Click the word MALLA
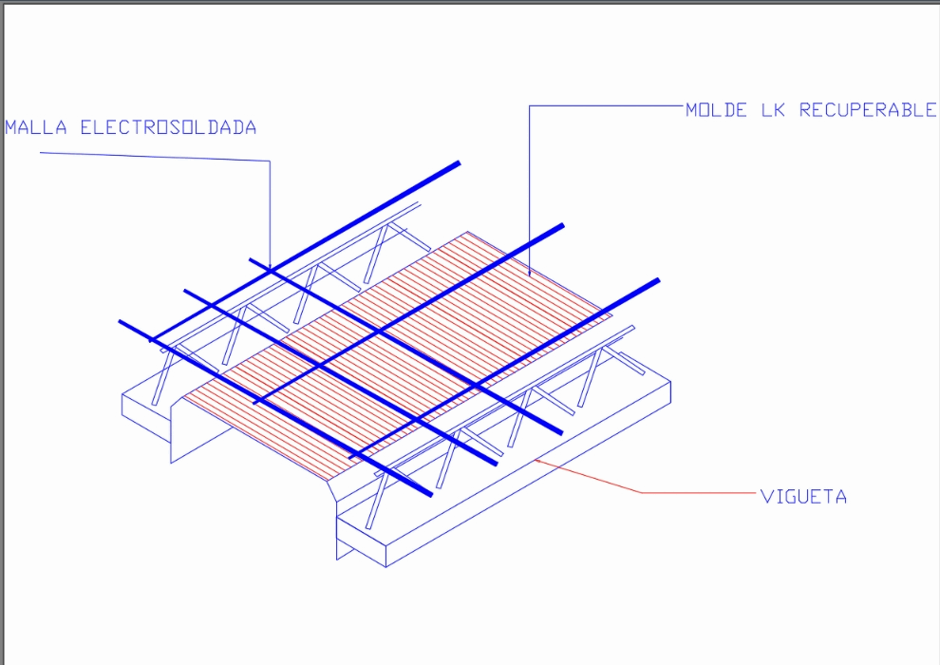tap(36, 127)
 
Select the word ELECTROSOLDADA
tap(168, 127)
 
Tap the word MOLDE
tap(717, 110)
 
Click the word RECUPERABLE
tap(867, 110)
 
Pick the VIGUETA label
tap(803, 496)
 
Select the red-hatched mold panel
tap(399, 351)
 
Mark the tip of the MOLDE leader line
tap(530, 275)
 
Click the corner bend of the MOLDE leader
tap(530, 105)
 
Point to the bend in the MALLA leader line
tap(270, 161)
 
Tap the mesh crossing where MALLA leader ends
tap(271, 271)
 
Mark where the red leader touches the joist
tap(538, 460)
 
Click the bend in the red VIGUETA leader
tap(642, 492)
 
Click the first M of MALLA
tap(11, 127)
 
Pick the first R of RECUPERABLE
tap(805, 110)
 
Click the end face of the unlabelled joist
tap(146, 418)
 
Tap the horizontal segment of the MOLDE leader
tap(608, 105)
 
